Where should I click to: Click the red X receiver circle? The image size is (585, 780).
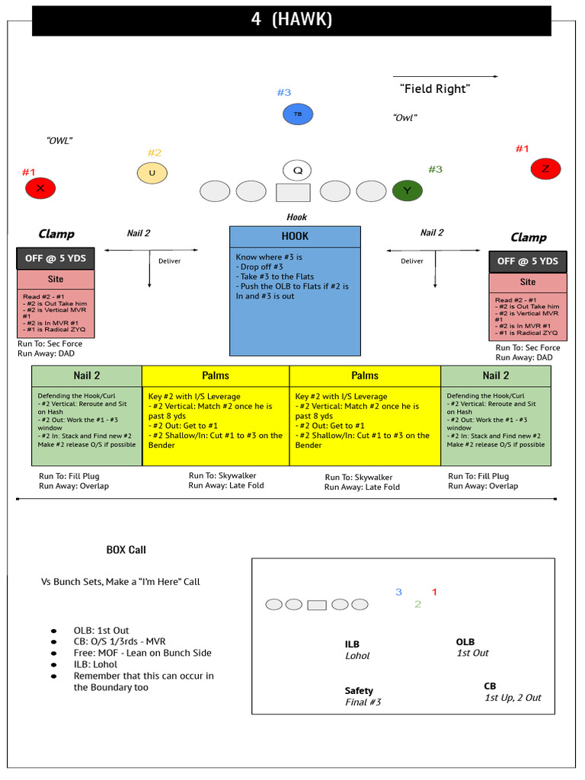pos(40,187)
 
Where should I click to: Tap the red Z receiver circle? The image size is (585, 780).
pos(545,169)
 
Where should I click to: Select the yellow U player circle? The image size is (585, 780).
pos(152,173)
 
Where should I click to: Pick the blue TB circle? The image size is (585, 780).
pos(298,114)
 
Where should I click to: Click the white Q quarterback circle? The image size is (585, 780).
pos(297,171)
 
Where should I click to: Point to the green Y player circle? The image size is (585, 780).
pos(408,190)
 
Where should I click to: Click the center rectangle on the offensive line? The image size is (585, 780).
pos(292,192)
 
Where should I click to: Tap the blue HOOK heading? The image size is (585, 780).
pos(295,236)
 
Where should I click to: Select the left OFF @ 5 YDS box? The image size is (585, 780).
pos(56,258)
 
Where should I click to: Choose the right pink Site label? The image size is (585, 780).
pos(527,282)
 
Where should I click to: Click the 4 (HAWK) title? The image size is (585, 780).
pos(292,21)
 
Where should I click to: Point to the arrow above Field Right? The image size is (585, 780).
pos(445,76)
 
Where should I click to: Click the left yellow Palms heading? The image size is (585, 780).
pos(216,376)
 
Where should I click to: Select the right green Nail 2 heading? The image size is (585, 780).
pos(496,376)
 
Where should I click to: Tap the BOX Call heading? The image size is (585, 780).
pos(126,550)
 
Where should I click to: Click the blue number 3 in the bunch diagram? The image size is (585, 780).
pos(398,592)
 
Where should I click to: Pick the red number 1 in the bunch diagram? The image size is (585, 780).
pos(434,592)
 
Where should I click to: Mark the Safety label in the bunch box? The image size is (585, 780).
pos(359,691)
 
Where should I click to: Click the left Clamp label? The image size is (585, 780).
pos(56,234)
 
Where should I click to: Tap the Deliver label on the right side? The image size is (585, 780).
pos(412,261)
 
